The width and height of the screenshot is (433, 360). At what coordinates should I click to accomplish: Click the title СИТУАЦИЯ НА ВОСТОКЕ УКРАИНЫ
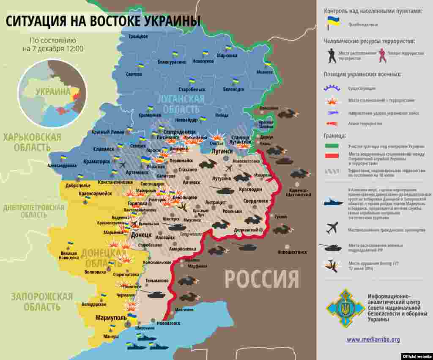[103, 21]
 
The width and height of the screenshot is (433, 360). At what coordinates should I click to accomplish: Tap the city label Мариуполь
[111, 318]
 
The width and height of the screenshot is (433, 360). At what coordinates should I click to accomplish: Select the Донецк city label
[141, 234]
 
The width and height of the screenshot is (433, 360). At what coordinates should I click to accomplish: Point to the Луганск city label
[222, 151]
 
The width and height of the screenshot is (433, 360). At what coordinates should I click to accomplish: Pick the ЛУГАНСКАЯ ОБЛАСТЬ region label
[181, 103]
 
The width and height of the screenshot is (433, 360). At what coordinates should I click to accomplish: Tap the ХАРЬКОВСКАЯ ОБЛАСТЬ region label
[32, 142]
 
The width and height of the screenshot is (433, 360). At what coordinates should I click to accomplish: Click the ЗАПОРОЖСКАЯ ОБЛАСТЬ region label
[42, 301]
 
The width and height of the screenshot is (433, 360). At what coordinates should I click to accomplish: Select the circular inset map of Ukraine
[52, 93]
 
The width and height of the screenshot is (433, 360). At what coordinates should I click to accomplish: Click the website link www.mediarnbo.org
[373, 339]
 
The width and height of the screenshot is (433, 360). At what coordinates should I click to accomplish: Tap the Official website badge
[417, 356]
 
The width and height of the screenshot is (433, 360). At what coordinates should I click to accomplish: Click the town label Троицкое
[138, 37]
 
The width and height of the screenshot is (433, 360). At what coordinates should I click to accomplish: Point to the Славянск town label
[104, 149]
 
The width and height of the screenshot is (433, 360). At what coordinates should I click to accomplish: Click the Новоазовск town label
[168, 323]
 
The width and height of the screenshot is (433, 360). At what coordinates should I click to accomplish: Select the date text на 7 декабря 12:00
[53, 49]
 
